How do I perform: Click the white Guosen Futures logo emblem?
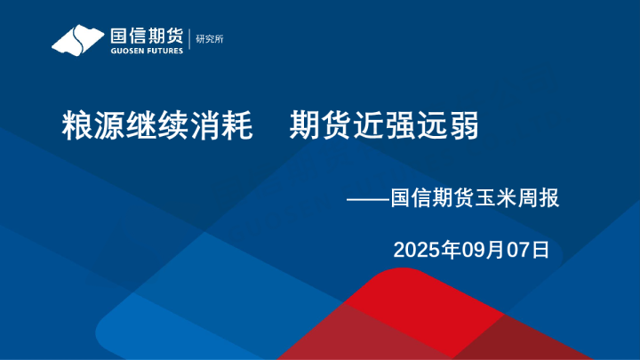78,40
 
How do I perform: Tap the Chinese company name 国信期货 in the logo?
146,36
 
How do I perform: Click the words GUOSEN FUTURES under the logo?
147,51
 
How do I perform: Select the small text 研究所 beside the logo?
209,39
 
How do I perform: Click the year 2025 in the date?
415,249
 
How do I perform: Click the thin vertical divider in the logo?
188,40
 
